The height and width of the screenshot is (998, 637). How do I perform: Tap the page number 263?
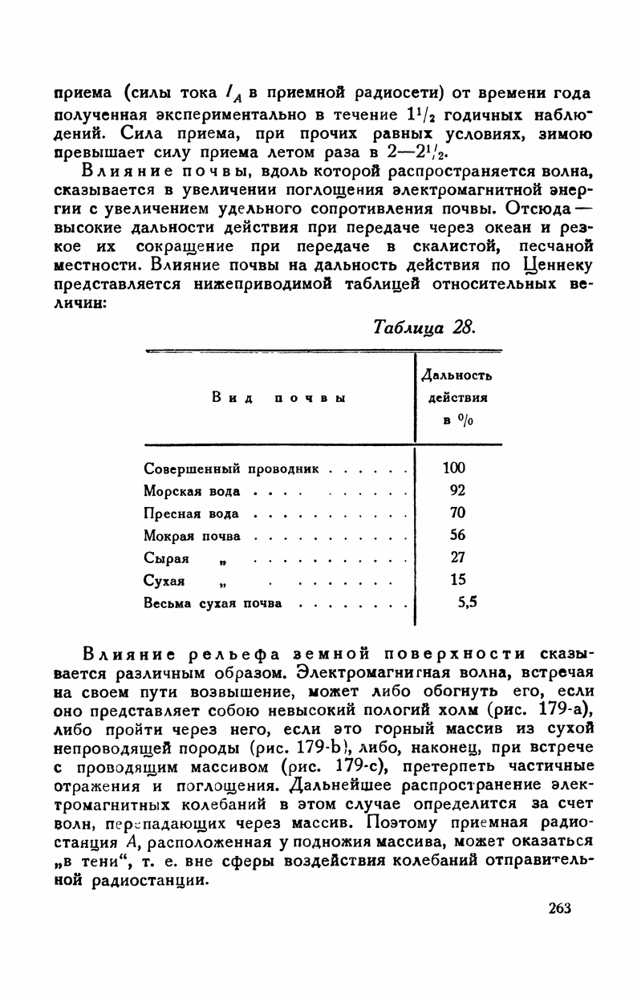tap(560, 908)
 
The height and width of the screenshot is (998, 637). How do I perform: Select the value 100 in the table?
tap(454, 468)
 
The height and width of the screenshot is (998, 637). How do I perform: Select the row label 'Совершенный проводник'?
tap(232, 468)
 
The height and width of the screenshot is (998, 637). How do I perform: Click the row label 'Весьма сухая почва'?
tap(213, 602)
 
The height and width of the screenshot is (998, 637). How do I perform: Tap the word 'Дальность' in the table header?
tap(456, 375)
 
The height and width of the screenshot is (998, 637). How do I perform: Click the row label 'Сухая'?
tap(164, 580)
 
